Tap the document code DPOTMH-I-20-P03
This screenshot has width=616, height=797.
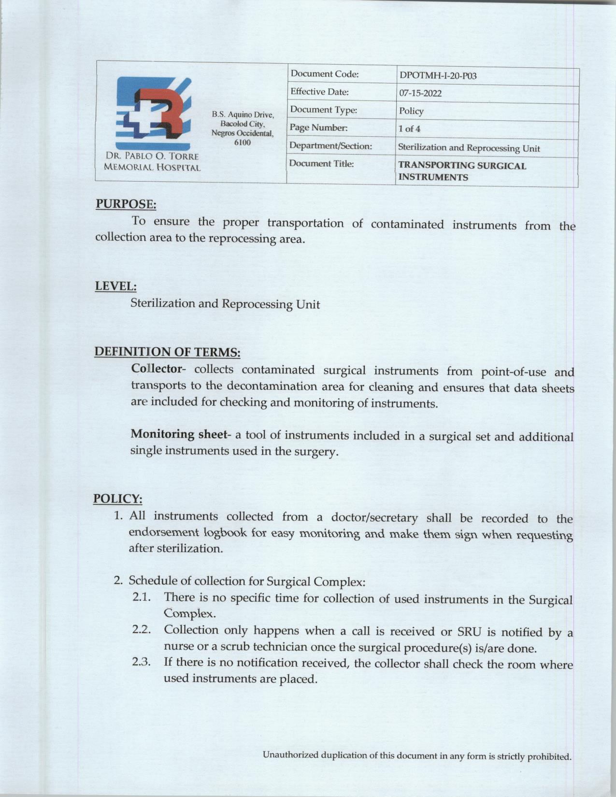click(438, 76)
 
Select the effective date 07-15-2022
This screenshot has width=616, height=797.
click(420, 93)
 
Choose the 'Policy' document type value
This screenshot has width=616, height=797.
click(411, 111)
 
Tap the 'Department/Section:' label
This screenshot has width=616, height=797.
click(330, 145)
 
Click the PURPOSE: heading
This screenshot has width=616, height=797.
click(126, 204)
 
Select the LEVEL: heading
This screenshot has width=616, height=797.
click(115, 286)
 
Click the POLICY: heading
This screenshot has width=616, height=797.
click(117, 498)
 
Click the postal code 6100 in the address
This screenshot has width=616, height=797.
click(242, 143)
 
